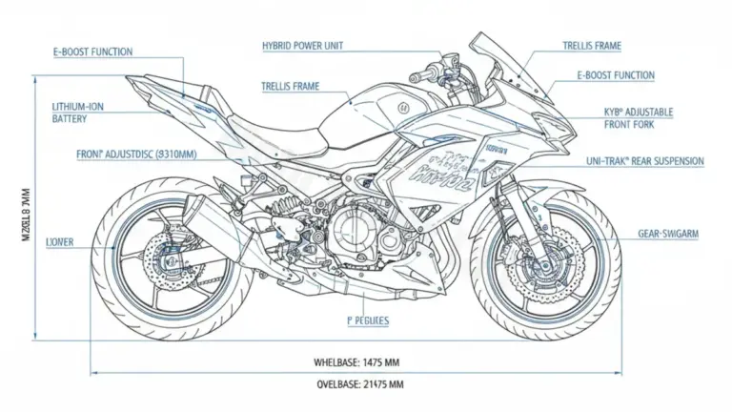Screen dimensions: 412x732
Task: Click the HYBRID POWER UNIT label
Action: (303, 46)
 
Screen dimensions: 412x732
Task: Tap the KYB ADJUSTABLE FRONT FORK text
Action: (638, 118)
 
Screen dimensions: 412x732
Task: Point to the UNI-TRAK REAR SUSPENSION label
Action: (644, 162)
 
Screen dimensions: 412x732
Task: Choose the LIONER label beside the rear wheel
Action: (59, 243)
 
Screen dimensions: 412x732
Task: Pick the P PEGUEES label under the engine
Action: (363, 322)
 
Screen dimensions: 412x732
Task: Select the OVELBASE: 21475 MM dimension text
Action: (359, 384)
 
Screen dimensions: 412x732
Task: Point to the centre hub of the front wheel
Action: (545, 256)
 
